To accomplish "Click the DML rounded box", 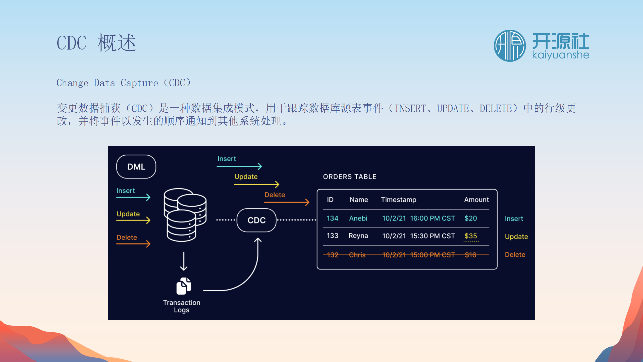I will click(136, 167).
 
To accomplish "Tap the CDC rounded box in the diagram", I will click(256, 220).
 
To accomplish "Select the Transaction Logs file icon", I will click(184, 286).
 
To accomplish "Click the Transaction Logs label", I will click(182, 306).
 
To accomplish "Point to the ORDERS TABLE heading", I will click(350, 177).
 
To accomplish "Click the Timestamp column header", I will click(398, 200).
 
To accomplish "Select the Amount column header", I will click(476, 200).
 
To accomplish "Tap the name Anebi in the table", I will click(358, 218).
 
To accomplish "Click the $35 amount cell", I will click(470, 236).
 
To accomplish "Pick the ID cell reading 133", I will click(332, 236).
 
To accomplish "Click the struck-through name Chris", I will click(357, 255).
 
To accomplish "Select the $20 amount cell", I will click(470, 218).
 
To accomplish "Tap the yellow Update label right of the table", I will click(516, 237).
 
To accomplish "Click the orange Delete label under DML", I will click(127, 237).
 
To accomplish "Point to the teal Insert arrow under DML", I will click(133, 197).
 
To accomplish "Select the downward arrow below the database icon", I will click(184, 261).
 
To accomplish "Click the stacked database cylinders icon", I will click(185, 215).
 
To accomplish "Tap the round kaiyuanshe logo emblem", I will click(510, 46).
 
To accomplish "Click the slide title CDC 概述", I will click(96, 43).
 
